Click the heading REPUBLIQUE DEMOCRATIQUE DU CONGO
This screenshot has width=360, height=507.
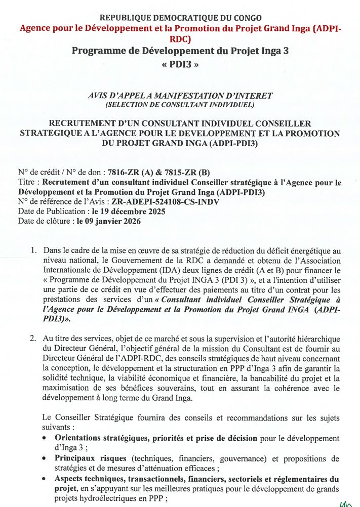click(x=181, y=18)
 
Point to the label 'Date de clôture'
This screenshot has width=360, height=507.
click(x=45, y=221)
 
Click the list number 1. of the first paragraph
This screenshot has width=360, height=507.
click(x=33, y=250)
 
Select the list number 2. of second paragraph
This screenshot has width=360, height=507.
click(x=33, y=339)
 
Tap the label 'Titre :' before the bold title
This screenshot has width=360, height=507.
click(x=29, y=183)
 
